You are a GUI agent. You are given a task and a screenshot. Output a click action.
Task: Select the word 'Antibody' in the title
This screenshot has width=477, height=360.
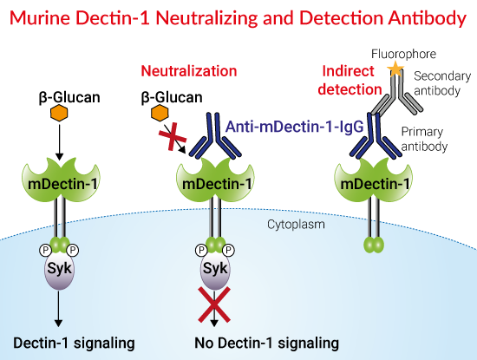point(418,18)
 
